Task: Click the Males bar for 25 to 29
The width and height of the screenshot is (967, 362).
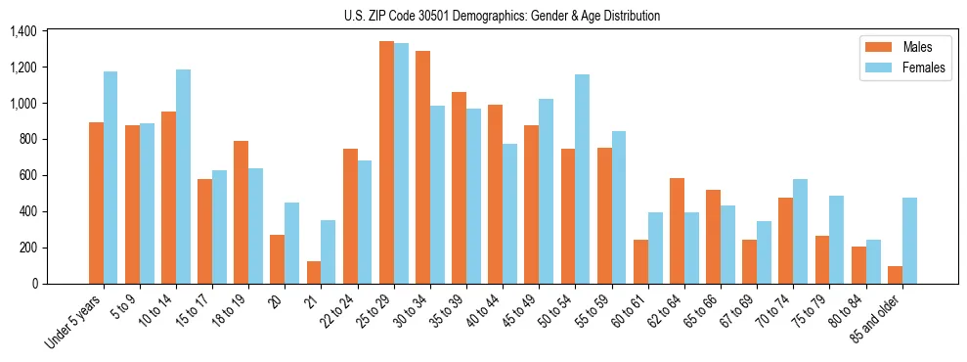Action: click(386, 162)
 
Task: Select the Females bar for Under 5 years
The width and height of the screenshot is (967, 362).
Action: click(110, 177)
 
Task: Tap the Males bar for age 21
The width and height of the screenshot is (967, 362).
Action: click(314, 272)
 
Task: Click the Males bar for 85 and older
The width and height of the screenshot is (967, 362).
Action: click(895, 275)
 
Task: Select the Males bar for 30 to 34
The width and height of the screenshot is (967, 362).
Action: click(422, 167)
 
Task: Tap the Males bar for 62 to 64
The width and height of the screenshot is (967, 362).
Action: click(677, 231)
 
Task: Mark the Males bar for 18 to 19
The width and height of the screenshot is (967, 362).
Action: click(242, 212)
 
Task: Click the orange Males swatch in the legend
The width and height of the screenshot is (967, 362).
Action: click(873, 47)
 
